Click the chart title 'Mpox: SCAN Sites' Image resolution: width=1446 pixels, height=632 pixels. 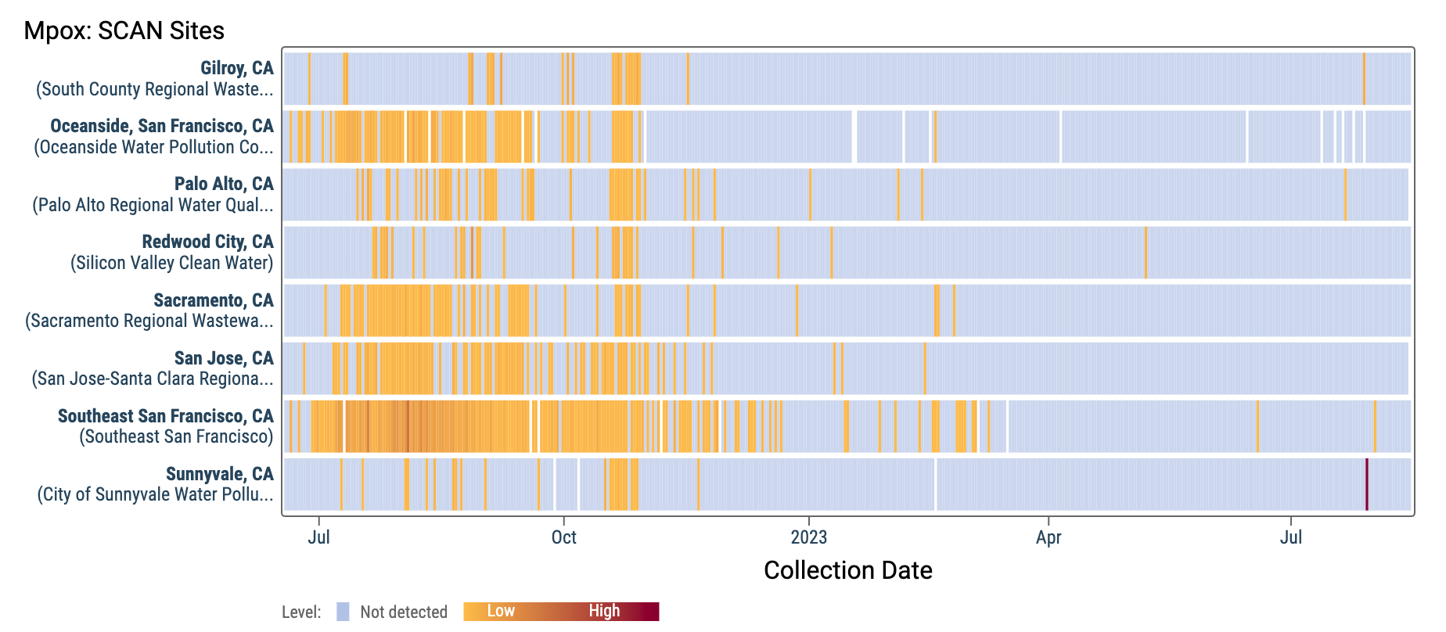click(x=124, y=31)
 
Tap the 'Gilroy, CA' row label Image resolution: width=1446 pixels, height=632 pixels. click(x=236, y=68)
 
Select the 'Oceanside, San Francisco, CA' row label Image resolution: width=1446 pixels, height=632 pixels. click(x=161, y=126)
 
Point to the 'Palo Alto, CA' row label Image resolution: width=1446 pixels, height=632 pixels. click(x=224, y=184)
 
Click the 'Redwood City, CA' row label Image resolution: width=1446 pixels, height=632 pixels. click(x=207, y=242)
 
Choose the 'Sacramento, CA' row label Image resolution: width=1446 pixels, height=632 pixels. click(x=213, y=300)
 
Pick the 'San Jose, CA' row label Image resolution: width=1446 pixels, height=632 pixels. click(x=224, y=358)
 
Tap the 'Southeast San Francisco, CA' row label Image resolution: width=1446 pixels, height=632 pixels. click(x=165, y=416)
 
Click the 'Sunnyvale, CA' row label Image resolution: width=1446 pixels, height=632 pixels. click(x=219, y=474)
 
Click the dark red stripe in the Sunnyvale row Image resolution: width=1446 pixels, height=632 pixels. click(x=1366, y=484)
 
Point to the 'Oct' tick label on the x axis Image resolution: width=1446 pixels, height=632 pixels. click(x=563, y=537)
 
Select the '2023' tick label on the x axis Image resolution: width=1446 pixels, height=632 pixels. click(x=808, y=537)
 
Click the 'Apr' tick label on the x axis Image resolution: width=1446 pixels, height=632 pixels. click(x=1048, y=537)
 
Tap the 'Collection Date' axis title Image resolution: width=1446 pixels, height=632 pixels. click(x=847, y=570)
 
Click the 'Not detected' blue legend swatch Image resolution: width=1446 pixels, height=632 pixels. click(x=343, y=612)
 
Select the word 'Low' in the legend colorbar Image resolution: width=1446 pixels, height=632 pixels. click(x=501, y=611)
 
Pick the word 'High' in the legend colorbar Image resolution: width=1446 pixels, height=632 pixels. click(x=604, y=611)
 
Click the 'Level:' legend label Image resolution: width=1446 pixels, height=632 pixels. click(x=301, y=612)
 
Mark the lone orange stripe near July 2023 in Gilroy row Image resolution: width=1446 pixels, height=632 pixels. click(x=1364, y=78)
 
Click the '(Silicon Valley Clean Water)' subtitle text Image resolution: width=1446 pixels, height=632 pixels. click(x=171, y=263)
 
